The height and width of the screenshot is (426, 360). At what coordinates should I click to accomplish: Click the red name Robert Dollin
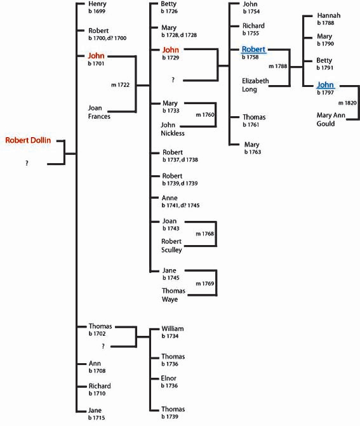pos(28,140)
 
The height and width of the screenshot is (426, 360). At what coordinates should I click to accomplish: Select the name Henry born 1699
pos(97,4)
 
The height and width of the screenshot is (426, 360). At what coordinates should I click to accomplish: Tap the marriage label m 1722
pos(121,85)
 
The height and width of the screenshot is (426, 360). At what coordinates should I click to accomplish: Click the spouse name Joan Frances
pos(99,112)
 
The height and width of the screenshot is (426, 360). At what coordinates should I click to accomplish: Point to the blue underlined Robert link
pos(253,49)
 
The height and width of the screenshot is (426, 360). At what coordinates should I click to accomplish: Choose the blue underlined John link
pos(325,85)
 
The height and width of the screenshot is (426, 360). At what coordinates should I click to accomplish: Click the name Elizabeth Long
pos(255,85)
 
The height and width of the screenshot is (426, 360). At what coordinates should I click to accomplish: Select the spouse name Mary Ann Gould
pos(331,119)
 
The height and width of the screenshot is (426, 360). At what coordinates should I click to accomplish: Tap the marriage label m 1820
pos(347,103)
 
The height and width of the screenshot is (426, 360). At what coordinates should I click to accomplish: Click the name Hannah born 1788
pos(329,15)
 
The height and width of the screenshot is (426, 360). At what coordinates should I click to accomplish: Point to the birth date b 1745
pos(171,277)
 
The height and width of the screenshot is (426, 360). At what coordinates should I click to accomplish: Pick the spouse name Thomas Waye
pos(173,295)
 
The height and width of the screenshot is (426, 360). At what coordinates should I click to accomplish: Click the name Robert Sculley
pos(171,246)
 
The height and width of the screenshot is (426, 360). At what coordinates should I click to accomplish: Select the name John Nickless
pos(173,129)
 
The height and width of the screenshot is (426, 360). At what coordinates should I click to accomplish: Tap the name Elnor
pos(169,378)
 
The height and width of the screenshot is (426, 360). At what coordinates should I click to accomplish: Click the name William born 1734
pos(173,328)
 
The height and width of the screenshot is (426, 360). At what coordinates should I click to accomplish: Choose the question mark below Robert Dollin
pos(27,163)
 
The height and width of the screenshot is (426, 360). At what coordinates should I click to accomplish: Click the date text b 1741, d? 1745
pos(181,205)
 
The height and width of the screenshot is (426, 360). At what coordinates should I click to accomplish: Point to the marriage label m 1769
pos(205,283)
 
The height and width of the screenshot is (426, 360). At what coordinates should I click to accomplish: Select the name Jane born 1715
pos(95,410)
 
